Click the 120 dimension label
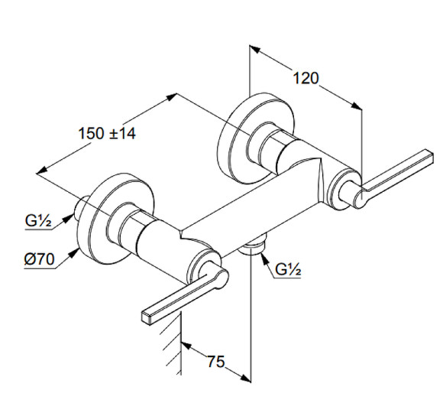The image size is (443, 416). pyautogui.click(x=306, y=78)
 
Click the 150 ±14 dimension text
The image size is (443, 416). pyautogui.click(x=107, y=134)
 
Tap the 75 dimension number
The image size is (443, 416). pyautogui.click(x=216, y=362)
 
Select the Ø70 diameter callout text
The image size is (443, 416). pyautogui.click(x=39, y=258)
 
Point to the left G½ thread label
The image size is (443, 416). pyautogui.click(x=38, y=220)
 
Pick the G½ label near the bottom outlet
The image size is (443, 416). pyautogui.click(x=288, y=269)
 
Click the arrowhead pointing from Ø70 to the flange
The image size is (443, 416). pyautogui.click(x=74, y=252)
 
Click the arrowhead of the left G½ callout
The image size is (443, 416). pyautogui.click(x=70, y=217)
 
